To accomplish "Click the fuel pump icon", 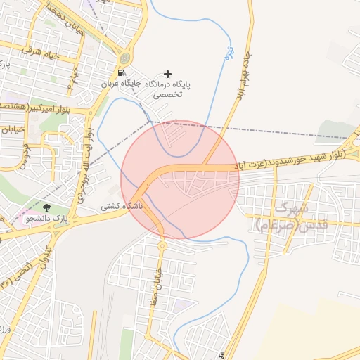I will [122, 72].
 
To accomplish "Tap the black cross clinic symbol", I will [167, 73].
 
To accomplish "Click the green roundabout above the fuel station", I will [124, 58].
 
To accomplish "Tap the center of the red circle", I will [180, 179].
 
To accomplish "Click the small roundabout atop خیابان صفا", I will [162, 245].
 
